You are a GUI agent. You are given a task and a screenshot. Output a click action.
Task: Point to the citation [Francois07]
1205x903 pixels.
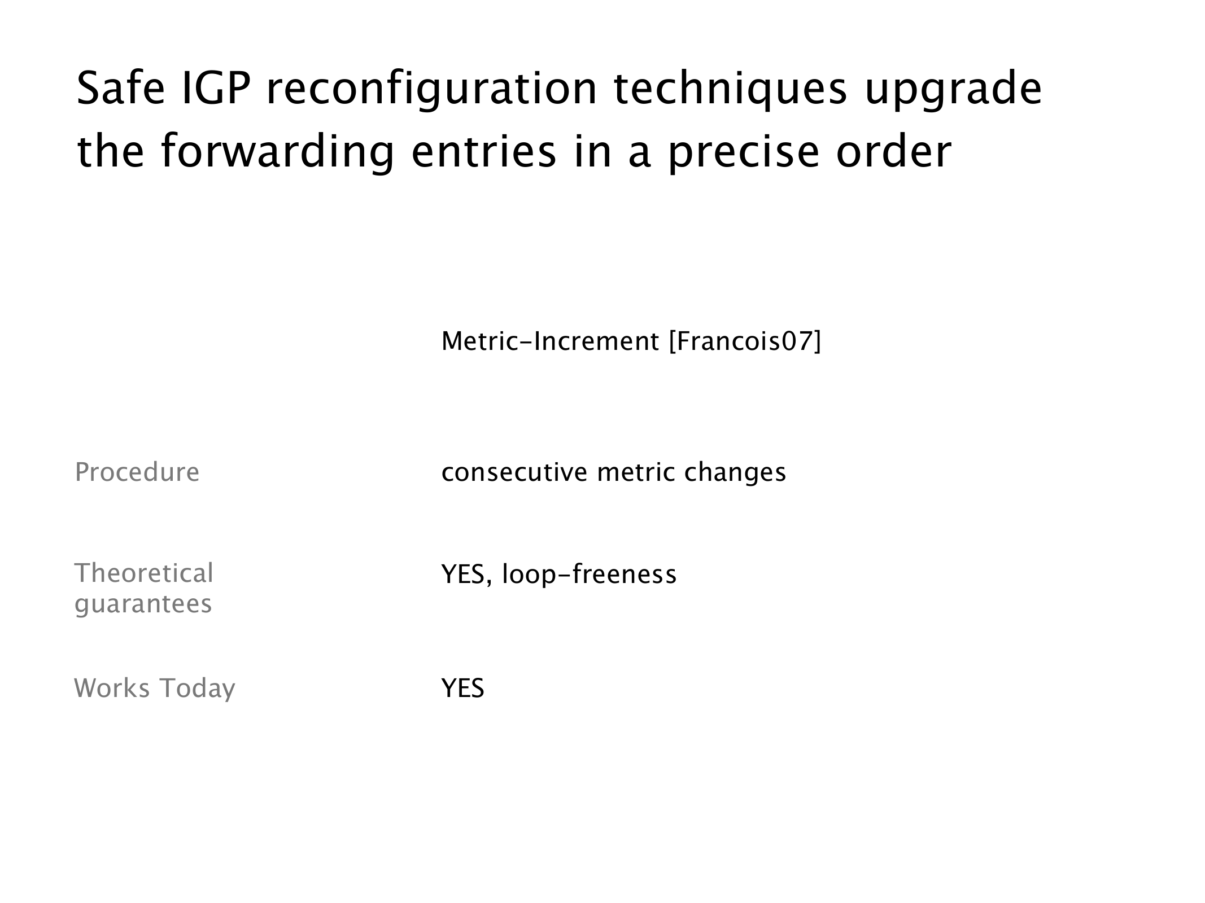point(745,342)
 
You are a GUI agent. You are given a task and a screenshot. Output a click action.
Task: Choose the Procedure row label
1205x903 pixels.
point(137,472)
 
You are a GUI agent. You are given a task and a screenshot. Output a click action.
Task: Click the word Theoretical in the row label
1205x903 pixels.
point(144,573)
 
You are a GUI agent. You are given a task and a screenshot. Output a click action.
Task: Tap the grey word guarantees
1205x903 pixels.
point(143,604)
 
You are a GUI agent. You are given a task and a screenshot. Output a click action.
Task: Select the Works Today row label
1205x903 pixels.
point(155,689)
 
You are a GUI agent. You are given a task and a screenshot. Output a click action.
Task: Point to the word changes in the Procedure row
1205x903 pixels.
point(735,473)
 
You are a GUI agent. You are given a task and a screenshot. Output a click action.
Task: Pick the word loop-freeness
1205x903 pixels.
point(589,575)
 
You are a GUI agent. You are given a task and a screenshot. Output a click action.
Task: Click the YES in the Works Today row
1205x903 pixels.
point(463,689)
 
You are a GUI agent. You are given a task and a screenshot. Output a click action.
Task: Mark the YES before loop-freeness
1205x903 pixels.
point(463,575)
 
